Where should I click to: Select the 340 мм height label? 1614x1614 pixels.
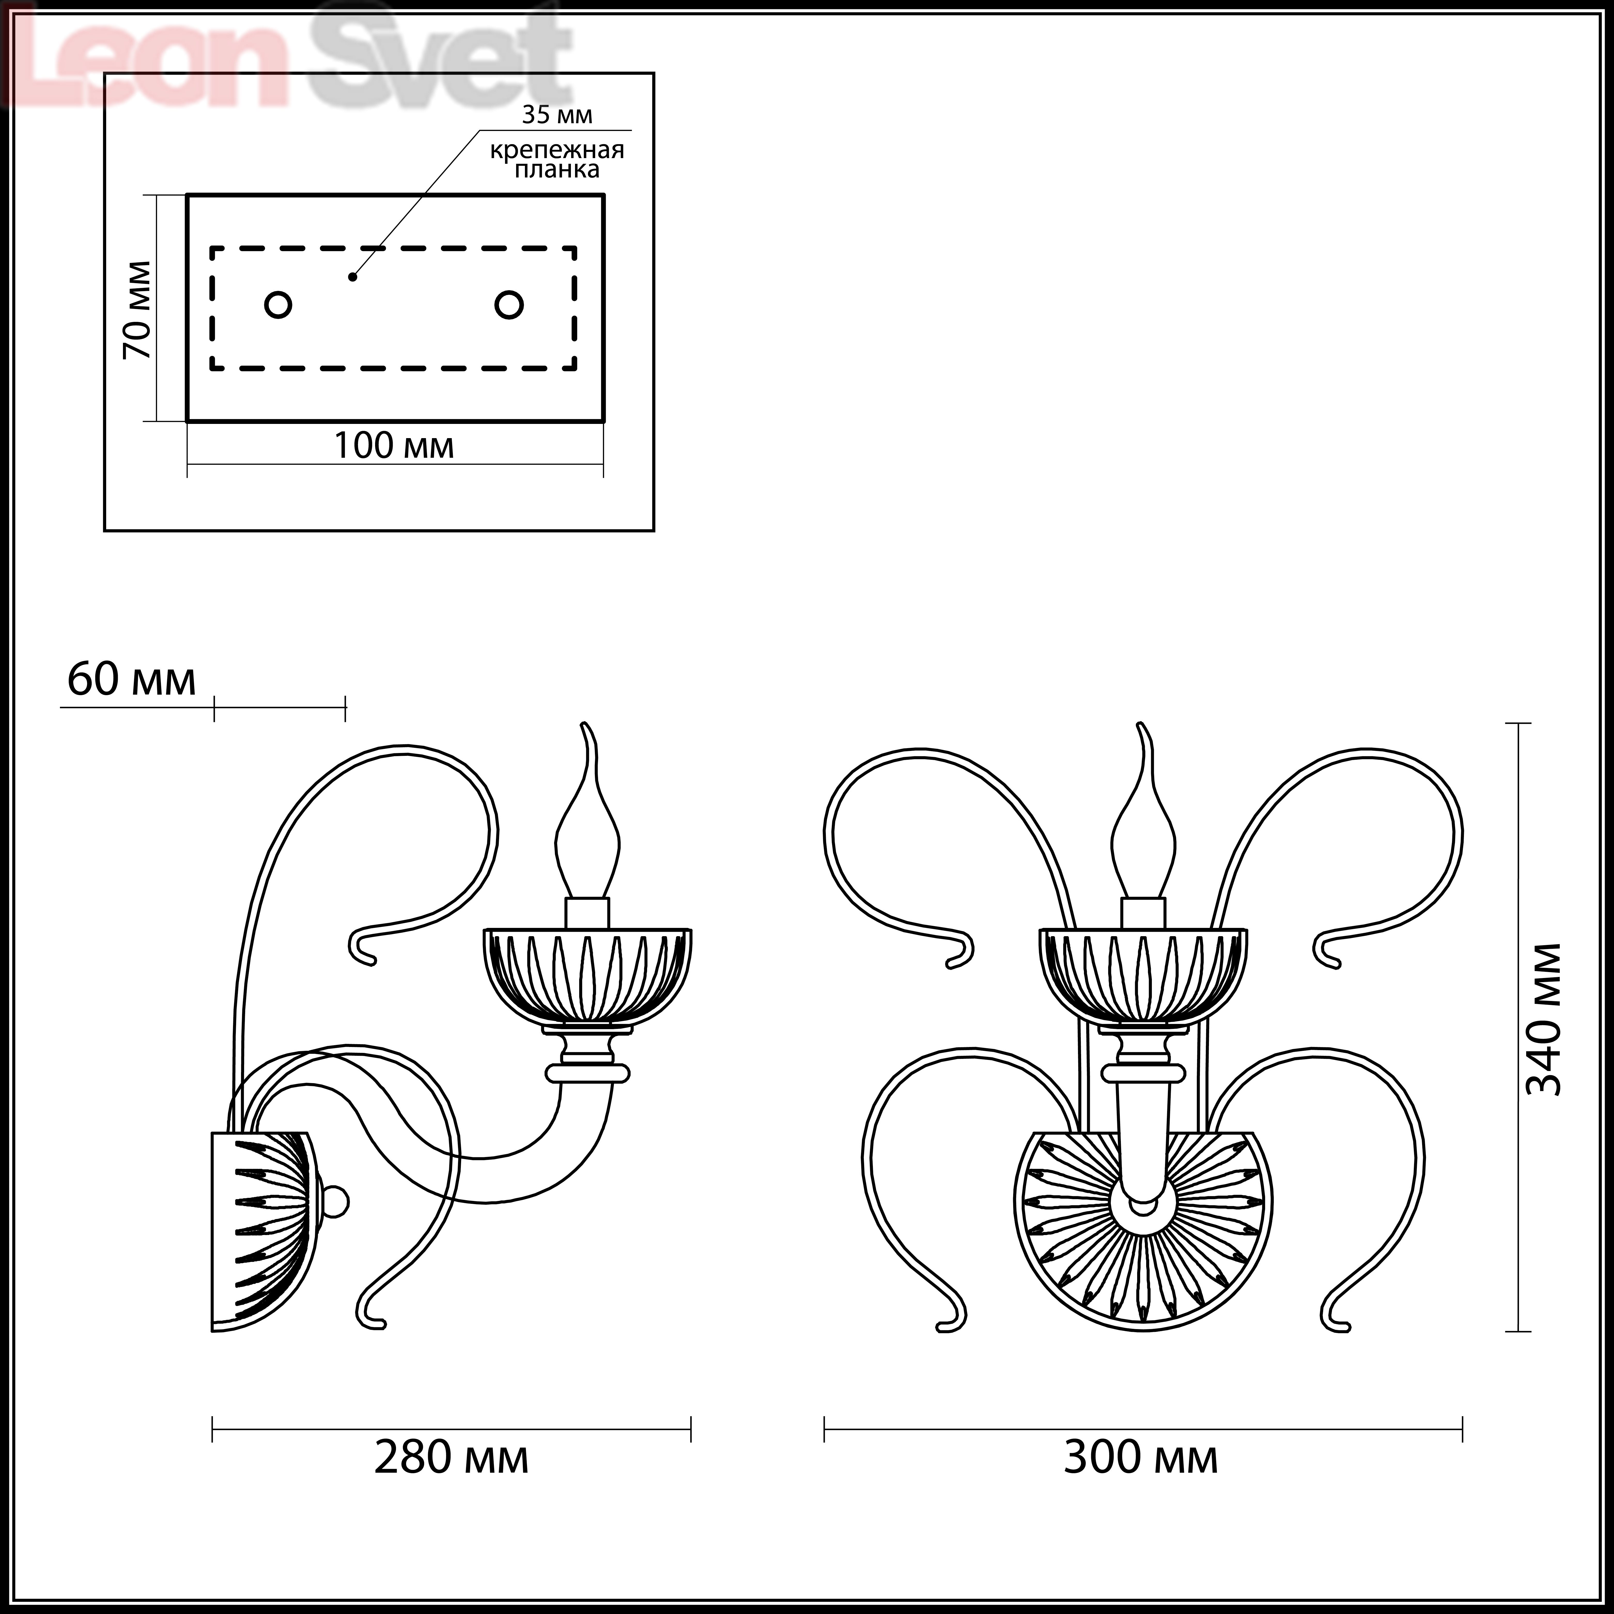click(1543, 1019)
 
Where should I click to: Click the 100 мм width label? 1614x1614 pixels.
click(394, 445)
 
